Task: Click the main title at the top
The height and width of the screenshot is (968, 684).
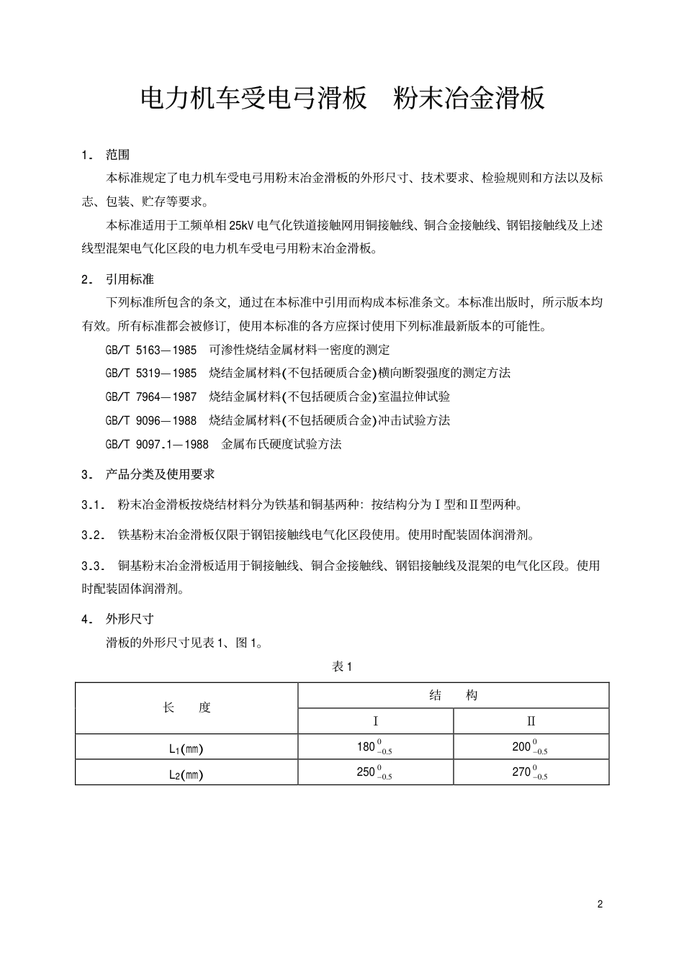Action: [x=342, y=99]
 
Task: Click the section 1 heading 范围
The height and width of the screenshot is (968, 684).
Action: [x=117, y=155]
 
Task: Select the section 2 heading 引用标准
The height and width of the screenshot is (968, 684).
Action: [x=130, y=279]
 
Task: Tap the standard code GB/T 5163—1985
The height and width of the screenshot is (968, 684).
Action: [x=150, y=350]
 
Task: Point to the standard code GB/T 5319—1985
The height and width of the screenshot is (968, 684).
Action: [x=150, y=373]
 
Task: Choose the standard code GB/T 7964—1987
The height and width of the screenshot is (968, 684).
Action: [x=150, y=397]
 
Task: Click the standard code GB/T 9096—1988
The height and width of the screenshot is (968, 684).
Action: [x=150, y=420]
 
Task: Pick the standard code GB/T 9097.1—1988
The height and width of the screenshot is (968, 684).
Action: [x=157, y=444]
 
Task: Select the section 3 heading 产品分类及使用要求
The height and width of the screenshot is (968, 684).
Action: [x=160, y=474]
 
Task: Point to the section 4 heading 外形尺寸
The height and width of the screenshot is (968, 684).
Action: [x=130, y=619]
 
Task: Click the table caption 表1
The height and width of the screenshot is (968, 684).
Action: [x=342, y=666]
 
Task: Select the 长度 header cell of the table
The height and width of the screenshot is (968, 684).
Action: [x=187, y=707]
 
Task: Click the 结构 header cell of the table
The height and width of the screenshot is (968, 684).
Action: [x=454, y=695]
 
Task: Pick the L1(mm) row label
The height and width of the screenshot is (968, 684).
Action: [x=186, y=748]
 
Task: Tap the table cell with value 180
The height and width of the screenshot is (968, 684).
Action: [x=375, y=747]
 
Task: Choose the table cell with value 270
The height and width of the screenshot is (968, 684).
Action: [x=531, y=772]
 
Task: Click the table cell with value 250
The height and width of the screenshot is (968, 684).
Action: [x=375, y=772]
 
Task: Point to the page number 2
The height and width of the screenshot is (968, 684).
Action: [x=600, y=904]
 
